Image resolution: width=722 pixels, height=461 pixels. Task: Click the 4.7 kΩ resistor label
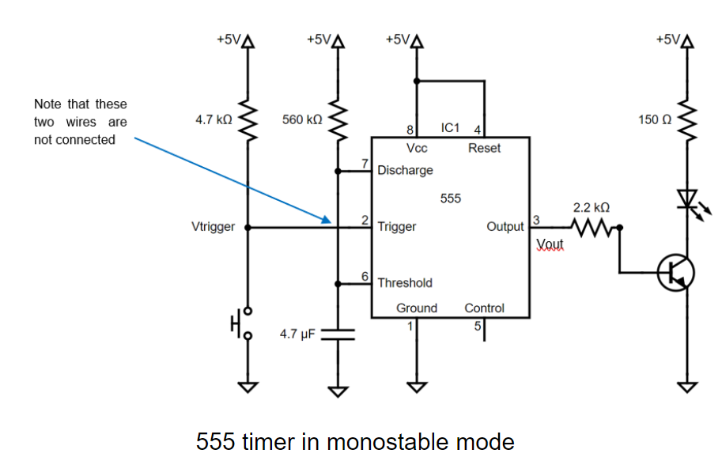point(214,120)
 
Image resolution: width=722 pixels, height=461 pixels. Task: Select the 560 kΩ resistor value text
point(302,120)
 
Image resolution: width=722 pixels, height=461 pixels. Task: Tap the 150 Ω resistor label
point(655,120)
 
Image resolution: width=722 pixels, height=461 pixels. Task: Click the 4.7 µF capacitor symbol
point(338,333)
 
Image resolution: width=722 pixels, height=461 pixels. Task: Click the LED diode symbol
point(686,198)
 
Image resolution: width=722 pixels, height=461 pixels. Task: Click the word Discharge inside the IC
point(405,170)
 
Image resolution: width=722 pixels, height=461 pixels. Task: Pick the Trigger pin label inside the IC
point(397,227)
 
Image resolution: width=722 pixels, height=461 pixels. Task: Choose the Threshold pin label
point(405,282)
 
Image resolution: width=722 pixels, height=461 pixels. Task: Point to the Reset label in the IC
point(484,148)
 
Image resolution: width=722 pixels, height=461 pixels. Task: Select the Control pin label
point(484,308)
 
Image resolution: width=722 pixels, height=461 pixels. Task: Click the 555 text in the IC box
point(451,198)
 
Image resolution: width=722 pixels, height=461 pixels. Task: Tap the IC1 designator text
point(451,127)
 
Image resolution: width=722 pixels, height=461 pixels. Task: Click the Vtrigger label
point(214,227)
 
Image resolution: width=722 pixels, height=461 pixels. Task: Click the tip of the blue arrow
point(329,221)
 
